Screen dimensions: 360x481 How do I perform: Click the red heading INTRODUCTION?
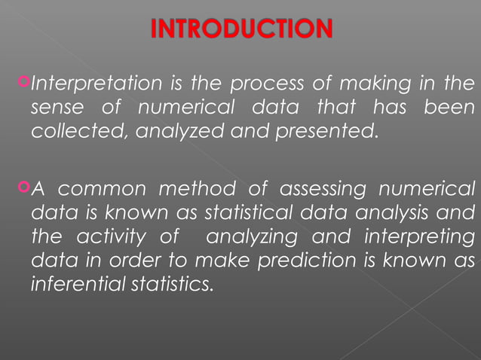(x=241, y=29)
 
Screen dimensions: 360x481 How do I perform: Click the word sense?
(x=57, y=107)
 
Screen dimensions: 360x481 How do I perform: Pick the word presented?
(x=329, y=131)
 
